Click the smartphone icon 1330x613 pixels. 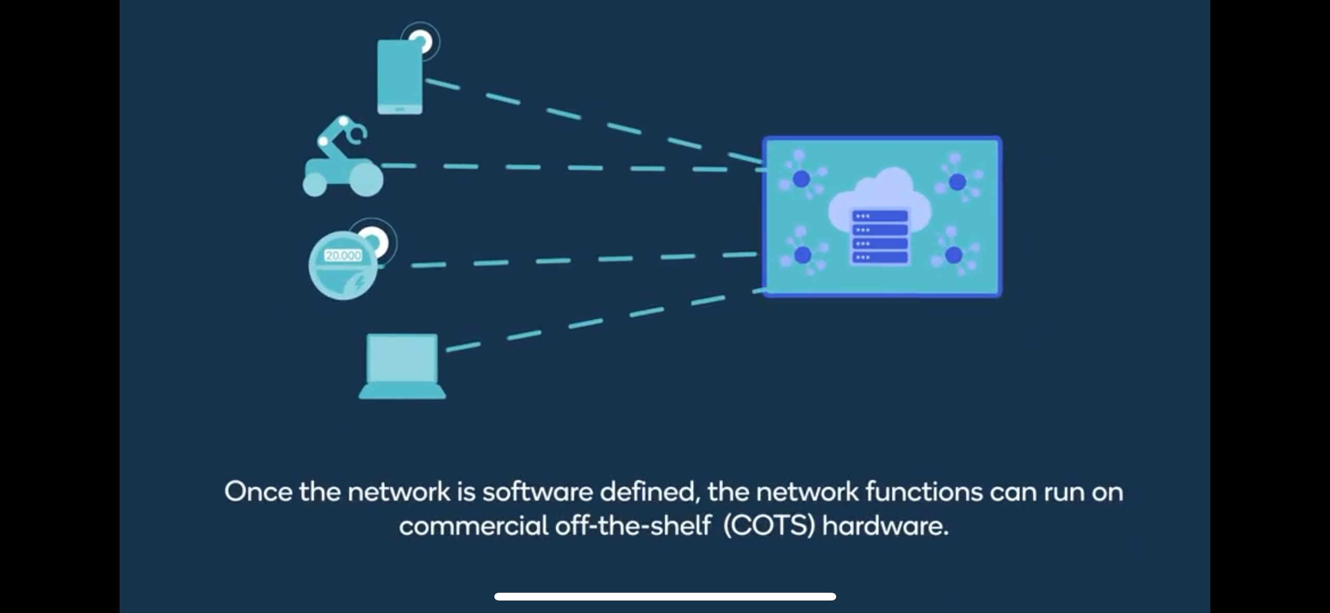pyautogui.click(x=399, y=77)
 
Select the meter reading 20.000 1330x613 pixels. pyautogui.click(x=343, y=255)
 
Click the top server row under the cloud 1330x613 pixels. pyautogui.click(x=879, y=216)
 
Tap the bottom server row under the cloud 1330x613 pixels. pyautogui.click(x=879, y=257)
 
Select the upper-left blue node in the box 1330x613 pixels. pyautogui.click(x=801, y=179)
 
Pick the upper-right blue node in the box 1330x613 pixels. pyautogui.click(x=957, y=181)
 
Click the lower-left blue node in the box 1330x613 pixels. pyautogui.click(x=802, y=255)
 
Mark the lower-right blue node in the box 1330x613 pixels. pyautogui.click(x=953, y=255)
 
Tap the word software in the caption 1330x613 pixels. pyautogui.click(x=538, y=491)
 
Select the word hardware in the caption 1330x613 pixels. pyautogui.click(x=885, y=526)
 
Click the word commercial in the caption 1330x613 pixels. pyautogui.click(x=474, y=526)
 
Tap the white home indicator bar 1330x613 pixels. pyautogui.click(x=665, y=596)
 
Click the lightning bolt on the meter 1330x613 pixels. pyautogui.click(x=359, y=284)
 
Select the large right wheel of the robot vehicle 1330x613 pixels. pyautogui.click(x=366, y=179)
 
